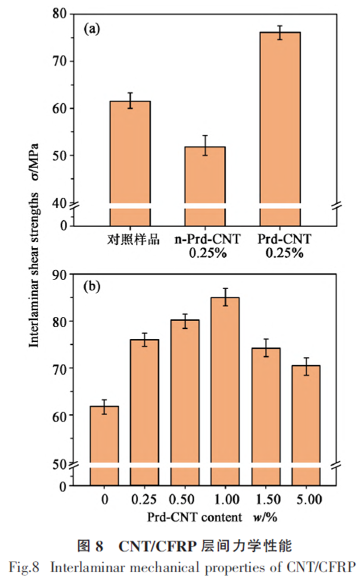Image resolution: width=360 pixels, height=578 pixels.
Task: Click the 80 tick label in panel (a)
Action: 60,14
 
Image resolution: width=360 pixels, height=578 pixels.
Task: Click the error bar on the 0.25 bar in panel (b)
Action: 144,339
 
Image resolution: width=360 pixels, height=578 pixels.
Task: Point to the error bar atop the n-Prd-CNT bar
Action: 205,145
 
